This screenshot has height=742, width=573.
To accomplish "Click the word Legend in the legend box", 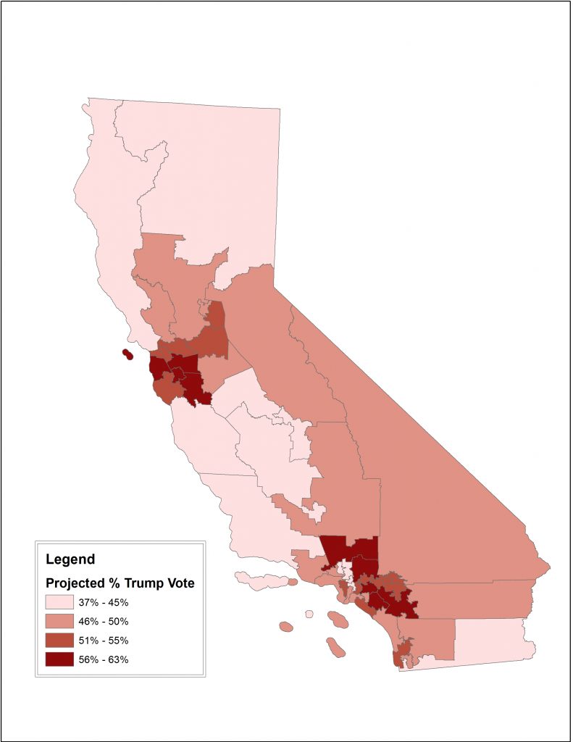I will click(x=70, y=559).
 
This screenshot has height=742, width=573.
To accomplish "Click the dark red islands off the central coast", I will click(x=127, y=354).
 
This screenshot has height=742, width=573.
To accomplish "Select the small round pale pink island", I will click(x=309, y=614).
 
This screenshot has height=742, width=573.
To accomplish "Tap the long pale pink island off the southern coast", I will click(x=261, y=580).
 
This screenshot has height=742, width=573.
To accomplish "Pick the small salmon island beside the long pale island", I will click(x=293, y=581).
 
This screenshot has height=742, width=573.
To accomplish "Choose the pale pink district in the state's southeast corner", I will click(x=493, y=639).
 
